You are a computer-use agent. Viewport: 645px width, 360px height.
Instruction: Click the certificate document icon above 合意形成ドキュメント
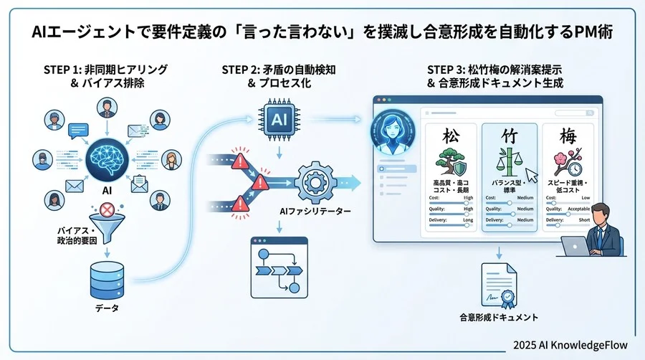(x=500, y=285)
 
